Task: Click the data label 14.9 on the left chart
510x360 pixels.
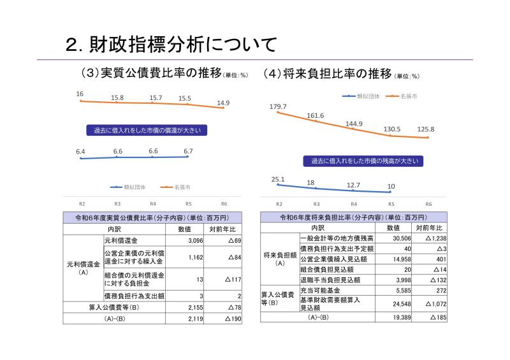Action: [x=223, y=103]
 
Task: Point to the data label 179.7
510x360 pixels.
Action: [x=279, y=106]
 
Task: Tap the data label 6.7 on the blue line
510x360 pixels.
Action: [x=188, y=151]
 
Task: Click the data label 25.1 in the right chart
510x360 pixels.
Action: [x=278, y=180]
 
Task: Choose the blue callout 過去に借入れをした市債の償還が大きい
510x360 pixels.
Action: [x=147, y=130]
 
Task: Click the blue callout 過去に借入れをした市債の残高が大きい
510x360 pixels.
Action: [x=356, y=161]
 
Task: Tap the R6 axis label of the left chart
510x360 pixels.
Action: [x=224, y=204]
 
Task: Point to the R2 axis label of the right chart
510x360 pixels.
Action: [x=279, y=204]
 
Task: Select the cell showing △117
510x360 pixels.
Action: [x=227, y=279]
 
